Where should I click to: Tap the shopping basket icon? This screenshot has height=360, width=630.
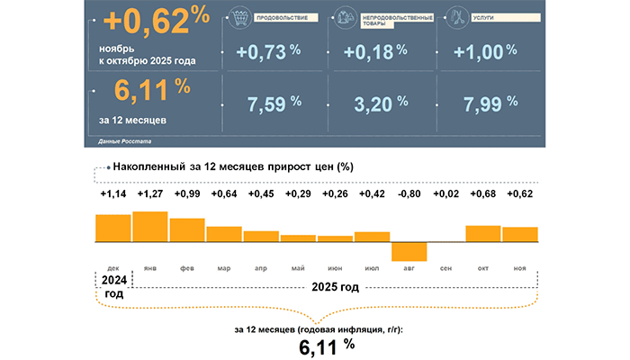pos(238,17)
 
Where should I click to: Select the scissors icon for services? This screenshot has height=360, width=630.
pos(455,17)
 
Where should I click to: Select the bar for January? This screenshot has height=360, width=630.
pos(150,227)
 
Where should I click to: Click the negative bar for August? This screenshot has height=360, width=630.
pos(409,251)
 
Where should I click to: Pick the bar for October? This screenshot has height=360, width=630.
pos(483,233)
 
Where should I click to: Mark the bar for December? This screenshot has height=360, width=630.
pos(113,229)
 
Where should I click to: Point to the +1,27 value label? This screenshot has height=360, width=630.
pos(150,193)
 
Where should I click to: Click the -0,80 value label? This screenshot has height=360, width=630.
pos(409,193)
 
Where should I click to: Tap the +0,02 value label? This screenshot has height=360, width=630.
pos(446,193)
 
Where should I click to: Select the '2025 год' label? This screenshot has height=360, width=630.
pos(333,287)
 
